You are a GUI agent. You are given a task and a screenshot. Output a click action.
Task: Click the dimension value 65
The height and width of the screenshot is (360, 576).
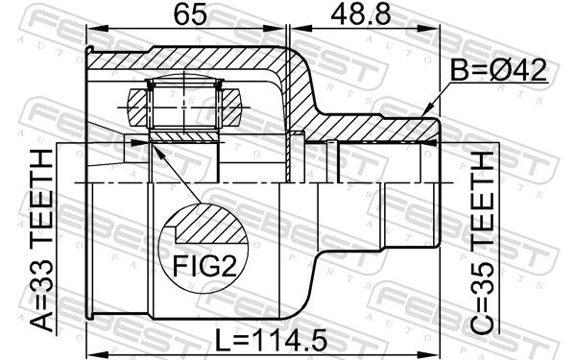tap(190, 15)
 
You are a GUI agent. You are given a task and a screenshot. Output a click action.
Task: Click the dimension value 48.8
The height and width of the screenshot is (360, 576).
tap(361, 15)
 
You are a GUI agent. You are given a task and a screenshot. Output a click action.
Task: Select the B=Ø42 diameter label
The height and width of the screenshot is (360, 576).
tap(498, 70)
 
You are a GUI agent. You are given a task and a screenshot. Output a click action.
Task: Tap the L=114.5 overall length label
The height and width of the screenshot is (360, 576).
tap(271, 340)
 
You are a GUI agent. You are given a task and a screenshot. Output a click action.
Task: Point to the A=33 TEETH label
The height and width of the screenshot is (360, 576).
tap(41, 241)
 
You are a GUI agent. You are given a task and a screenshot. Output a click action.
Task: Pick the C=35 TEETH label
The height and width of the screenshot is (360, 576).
tap(482, 243)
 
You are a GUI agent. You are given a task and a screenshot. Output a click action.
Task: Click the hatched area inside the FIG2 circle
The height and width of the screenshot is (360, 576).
tap(210, 225)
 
